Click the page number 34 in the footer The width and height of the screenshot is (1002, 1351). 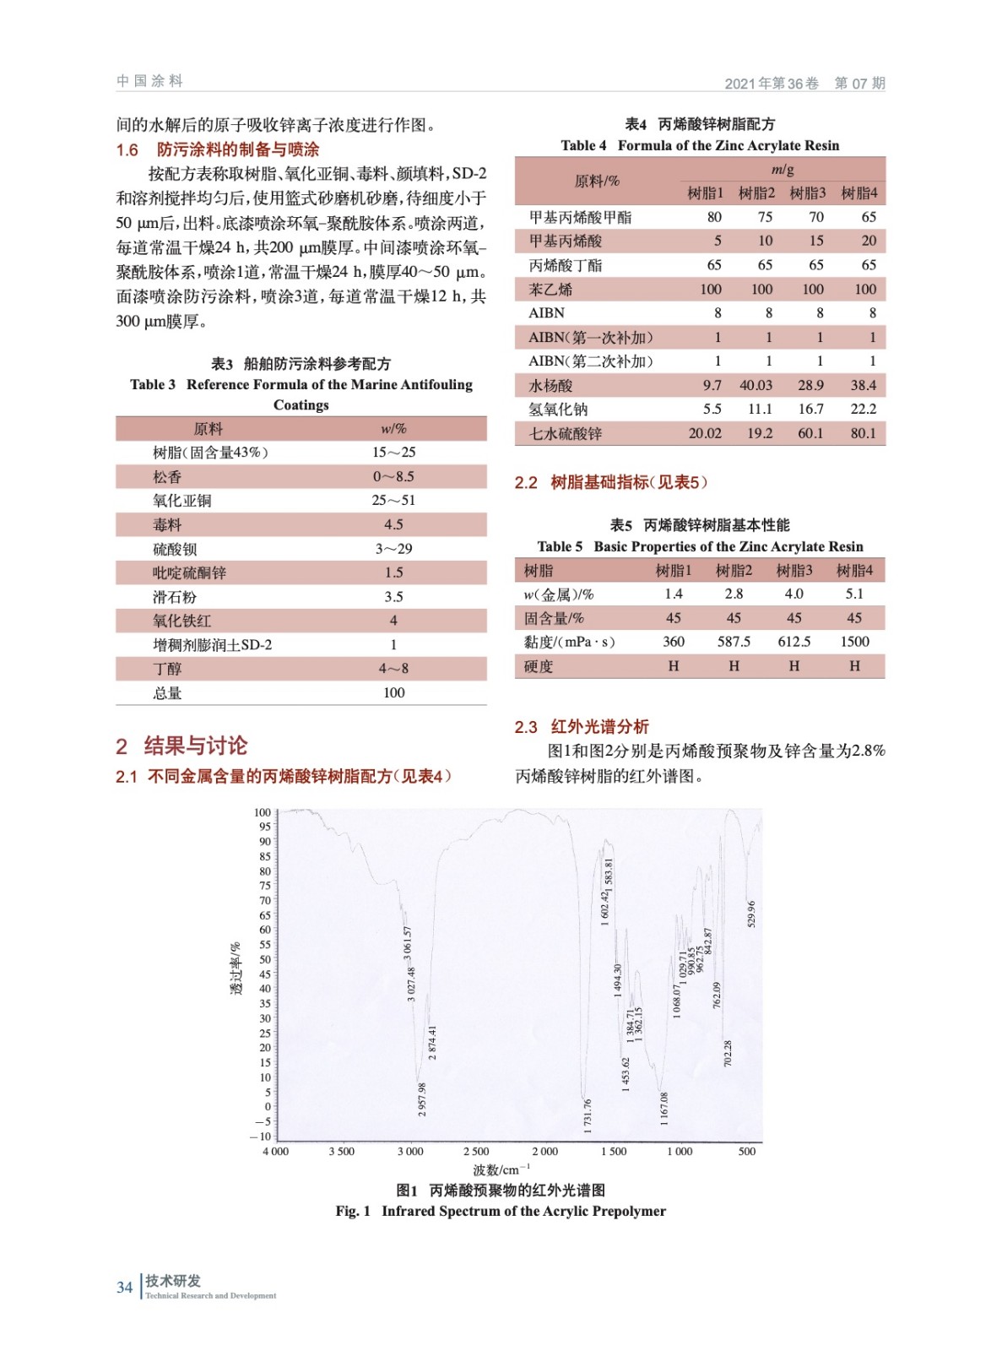124,1287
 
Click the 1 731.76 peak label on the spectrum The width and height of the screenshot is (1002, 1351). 588,1115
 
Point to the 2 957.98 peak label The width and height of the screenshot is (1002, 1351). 422,1099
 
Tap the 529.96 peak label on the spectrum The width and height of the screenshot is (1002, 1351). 751,914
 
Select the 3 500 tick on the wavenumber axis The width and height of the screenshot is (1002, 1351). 341,1151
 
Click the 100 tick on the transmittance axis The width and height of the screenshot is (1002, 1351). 263,812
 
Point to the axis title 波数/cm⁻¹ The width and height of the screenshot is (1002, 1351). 501,1169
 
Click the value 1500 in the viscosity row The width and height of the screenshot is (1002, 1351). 854,642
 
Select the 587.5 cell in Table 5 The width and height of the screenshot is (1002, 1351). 734,642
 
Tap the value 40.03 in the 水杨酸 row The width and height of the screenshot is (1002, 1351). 756,385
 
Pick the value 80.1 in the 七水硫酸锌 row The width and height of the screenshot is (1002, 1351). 863,433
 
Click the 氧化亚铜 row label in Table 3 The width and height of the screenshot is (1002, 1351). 182,500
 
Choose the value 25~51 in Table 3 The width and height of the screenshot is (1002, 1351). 393,500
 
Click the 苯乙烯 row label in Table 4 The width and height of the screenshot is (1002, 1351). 550,289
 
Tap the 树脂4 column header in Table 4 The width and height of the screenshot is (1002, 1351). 859,193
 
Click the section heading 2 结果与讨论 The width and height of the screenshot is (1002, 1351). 181,746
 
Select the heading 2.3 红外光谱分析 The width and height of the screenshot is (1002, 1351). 582,726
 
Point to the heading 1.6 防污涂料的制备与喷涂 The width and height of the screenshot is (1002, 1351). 218,149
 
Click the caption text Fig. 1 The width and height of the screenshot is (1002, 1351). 353,1211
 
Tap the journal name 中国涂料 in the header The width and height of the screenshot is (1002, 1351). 149,81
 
